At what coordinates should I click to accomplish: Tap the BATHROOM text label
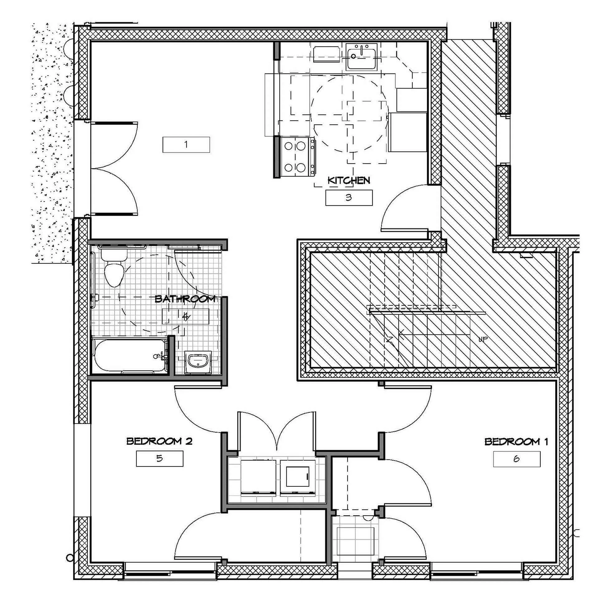pos(185,299)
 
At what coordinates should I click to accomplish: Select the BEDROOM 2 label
pos(159,441)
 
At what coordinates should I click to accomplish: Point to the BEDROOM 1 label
pos(516,442)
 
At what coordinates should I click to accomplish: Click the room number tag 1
pos(186,145)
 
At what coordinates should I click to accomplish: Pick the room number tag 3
pos(349,197)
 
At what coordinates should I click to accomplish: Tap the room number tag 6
pos(516,459)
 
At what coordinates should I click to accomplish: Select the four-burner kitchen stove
pos(298,157)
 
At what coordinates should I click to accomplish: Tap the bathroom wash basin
pos(198,362)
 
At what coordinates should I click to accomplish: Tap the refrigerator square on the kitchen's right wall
pos(408,132)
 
